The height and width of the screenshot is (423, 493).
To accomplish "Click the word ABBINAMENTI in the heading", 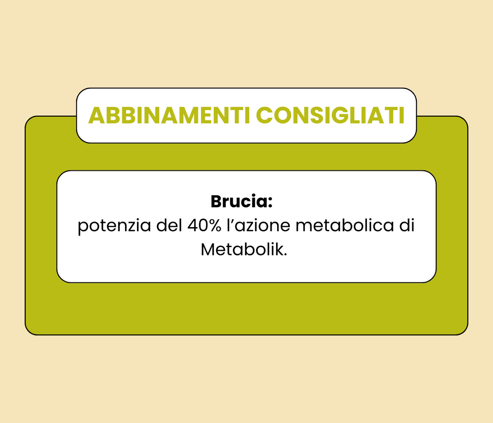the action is point(169,116).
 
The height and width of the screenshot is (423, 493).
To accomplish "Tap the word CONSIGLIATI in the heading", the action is point(330,116).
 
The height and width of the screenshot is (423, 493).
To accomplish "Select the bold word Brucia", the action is point(239,201).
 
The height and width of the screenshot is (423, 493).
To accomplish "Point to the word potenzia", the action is point(115,226).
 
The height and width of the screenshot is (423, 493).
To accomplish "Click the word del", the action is point(169,225).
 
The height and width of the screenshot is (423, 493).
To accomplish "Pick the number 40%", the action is point(205,225).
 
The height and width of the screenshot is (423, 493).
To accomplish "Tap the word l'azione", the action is point(258,225).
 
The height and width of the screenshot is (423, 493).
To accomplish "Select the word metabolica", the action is point(345,225).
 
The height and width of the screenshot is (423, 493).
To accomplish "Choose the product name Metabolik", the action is point(242,249).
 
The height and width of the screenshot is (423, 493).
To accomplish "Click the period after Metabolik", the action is point(285,254).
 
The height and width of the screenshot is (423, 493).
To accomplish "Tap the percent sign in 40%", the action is point(214,226).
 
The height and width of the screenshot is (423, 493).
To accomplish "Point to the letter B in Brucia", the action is point(216,201).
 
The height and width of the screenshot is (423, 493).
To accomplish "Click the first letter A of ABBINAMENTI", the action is point(96,116).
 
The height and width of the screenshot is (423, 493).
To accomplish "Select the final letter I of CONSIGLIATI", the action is point(402,116).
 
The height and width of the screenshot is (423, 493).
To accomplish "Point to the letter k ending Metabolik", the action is point(279,249).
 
